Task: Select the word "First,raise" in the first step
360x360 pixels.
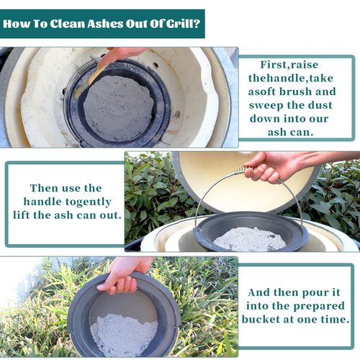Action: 289,65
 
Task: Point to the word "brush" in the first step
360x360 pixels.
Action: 296,91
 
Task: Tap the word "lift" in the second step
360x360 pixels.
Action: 22,215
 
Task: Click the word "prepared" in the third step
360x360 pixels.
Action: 319,307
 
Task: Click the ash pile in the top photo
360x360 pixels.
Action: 118,108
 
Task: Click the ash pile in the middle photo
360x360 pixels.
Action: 250,239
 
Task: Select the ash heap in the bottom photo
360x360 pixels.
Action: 124,335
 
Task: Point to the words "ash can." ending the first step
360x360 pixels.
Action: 291,132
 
